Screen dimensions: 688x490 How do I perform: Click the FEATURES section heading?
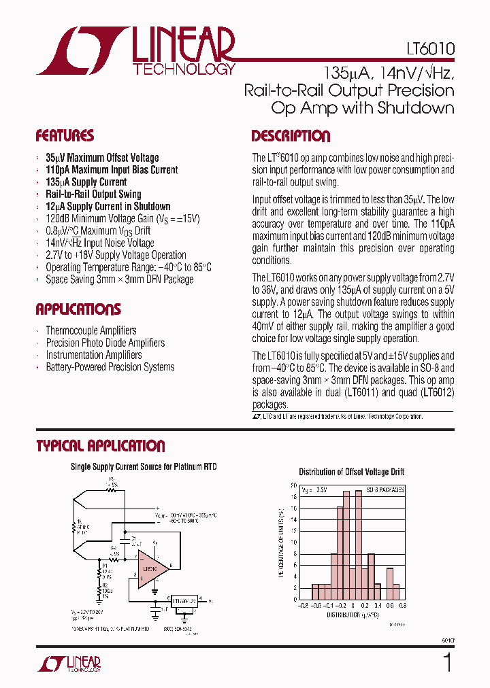point(65,135)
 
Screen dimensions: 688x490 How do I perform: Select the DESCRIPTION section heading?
point(291,135)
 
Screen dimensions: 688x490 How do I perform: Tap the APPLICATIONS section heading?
point(78,309)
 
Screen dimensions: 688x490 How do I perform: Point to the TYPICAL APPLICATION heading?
point(100,446)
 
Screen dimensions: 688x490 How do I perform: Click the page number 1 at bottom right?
point(447,661)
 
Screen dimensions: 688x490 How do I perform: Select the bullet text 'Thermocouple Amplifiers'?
point(91,330)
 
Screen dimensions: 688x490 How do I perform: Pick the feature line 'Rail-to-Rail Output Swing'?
point(93,194)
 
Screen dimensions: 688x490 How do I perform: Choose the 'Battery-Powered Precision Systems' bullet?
point(110,367)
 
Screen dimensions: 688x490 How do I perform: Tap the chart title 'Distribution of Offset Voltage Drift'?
point(352,472)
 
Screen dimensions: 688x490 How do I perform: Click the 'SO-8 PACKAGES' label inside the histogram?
point(385,489)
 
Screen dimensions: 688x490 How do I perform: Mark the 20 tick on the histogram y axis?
point(293,485)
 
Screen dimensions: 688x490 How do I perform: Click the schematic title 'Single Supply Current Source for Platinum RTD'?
point(144,467)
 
